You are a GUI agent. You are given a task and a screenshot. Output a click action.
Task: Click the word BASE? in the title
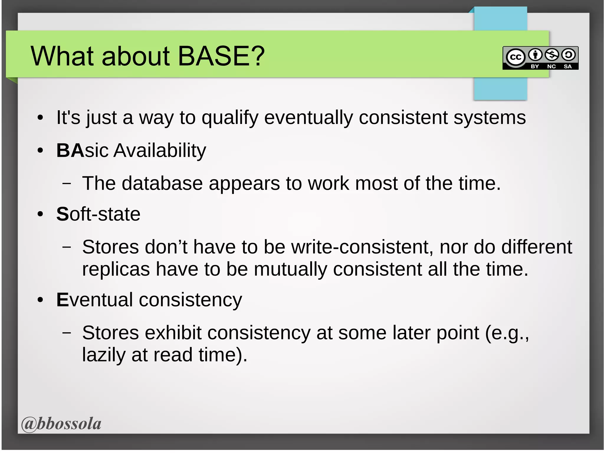[221, 56]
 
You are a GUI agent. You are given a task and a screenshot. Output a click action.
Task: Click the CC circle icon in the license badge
[516, 57]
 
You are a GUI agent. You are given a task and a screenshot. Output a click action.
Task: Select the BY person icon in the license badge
[535, 55]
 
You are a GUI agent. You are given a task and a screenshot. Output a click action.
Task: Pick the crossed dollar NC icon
[552, 55]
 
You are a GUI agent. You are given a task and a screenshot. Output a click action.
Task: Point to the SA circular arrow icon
[568, 55]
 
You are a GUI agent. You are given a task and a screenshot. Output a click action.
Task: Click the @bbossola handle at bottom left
[61, 424]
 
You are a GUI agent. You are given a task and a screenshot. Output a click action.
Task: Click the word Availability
[160, 151]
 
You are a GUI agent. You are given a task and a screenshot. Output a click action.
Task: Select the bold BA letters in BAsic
[70, 151]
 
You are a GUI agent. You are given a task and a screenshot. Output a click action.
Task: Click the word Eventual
[94, 300]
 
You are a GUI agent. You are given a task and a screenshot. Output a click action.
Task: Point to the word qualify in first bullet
[230, 118]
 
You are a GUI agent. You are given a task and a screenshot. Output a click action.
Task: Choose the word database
[162, 184]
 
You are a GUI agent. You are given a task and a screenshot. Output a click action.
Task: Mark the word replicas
[116, 269]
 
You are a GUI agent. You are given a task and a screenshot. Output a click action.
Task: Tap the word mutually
[290, 270]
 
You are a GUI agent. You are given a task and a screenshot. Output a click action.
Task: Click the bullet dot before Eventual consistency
[40, 300]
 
